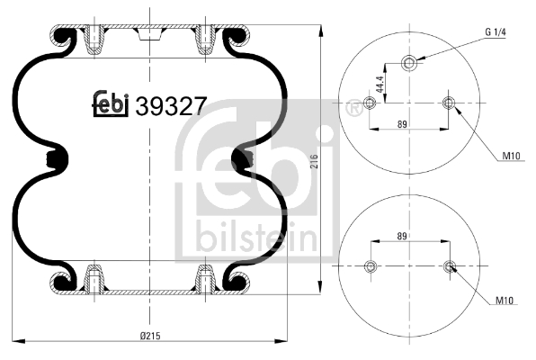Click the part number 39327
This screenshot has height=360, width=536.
[x=171, y=106]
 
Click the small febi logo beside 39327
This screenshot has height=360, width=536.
[x=112, y=105]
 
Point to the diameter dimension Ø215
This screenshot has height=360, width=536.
[x=149, y=336]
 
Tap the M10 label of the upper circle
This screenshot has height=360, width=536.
[x=510, y=157]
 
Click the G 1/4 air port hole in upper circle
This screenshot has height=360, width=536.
[x=409, y=63]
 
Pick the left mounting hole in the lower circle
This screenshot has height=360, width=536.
[x=369, y=265]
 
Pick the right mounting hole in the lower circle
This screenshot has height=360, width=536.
[x=449, y=265]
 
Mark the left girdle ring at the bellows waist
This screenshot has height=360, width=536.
[x=58, y=160]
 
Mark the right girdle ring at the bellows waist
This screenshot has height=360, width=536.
[x=241, y=160]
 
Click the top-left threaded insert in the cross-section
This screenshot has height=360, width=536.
[x=94, y=40]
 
